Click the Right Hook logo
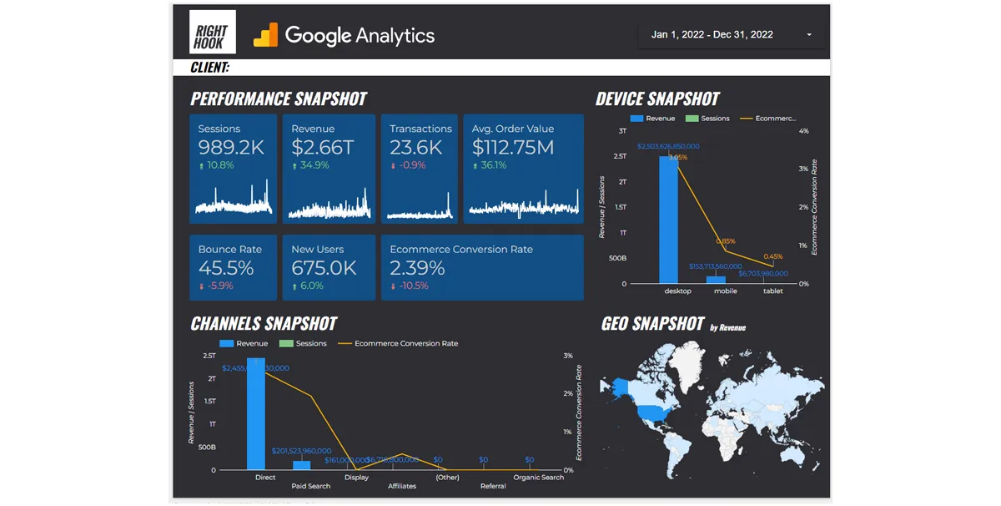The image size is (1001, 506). tap(212, 33)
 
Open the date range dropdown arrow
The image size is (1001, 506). tap(809, 35)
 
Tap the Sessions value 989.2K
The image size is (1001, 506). tap(231, 148)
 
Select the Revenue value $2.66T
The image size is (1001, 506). tap(323, 148)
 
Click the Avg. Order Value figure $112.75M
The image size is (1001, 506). tap(512, 148)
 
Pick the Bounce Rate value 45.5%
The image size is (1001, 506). tap(226, 268)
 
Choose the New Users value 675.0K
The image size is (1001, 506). tap(324, 268)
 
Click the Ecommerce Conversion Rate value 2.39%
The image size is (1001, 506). tap(417, 268)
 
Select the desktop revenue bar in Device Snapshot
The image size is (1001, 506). tap(668, 221)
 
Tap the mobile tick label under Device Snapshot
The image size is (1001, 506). tap(725, 291)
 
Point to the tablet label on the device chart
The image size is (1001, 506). tap(773, 291)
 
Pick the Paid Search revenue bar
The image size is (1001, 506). tap(301, 465)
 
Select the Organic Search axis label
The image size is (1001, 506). tap(539, 478)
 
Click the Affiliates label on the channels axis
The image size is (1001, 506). tap(402, 486)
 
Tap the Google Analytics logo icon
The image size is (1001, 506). tap(266, 35)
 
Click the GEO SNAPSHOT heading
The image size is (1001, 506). tap(652, 324)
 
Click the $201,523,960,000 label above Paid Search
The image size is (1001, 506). tap(301, 451)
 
